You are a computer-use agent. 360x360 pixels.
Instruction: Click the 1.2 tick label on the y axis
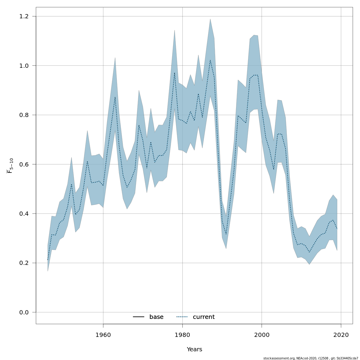(x=26, y=16)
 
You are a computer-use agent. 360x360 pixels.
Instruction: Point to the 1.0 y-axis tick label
(x=26, y=66)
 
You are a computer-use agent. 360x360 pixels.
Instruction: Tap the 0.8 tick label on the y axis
(x=26, y=115)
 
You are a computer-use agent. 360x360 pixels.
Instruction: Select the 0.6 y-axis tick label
(x=26, y=164)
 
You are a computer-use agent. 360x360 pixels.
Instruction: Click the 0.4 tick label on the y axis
(x=26, y=214)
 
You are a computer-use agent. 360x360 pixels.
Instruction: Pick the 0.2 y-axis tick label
(x=26, y=263)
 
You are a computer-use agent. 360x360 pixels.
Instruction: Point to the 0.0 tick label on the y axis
(x=26, y=312)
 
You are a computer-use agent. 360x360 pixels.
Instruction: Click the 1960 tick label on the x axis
(x=103, y=335)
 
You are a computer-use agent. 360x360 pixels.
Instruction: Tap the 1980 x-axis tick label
(x=182, y=335)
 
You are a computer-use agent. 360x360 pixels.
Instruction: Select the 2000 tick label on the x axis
(x=262, y=335)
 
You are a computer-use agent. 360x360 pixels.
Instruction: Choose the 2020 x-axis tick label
(x=341, y=335)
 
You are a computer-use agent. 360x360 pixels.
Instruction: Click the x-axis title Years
(x=194, y=349)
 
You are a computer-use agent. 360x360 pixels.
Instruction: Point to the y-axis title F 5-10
(x=10, y=166)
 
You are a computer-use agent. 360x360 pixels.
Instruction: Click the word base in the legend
(x=156, y=317)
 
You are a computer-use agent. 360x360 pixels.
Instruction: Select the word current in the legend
(x=204, y=317)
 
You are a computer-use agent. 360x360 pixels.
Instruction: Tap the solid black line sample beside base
(x=139, y=317)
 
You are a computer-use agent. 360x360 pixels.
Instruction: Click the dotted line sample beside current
(x=182, y=317)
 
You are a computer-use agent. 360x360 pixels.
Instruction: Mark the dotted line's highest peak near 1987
(x=210, y=60)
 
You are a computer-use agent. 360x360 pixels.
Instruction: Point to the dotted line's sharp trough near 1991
(x=226, y=234)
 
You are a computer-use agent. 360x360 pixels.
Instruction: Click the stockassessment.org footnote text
(x=310, y=358)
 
